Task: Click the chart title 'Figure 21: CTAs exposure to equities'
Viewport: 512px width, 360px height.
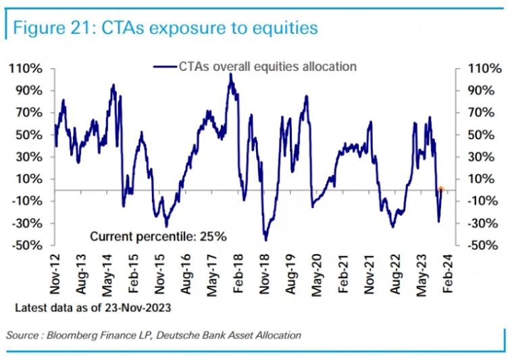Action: point(162,28)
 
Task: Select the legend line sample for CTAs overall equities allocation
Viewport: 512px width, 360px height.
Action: point(165,67)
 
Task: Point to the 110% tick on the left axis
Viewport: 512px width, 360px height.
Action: point(26,69)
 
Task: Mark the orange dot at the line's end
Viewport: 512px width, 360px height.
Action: point(440,190)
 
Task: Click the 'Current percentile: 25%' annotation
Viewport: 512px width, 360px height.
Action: point(159,236)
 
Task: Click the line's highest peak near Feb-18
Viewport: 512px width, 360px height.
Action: point(230,74)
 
